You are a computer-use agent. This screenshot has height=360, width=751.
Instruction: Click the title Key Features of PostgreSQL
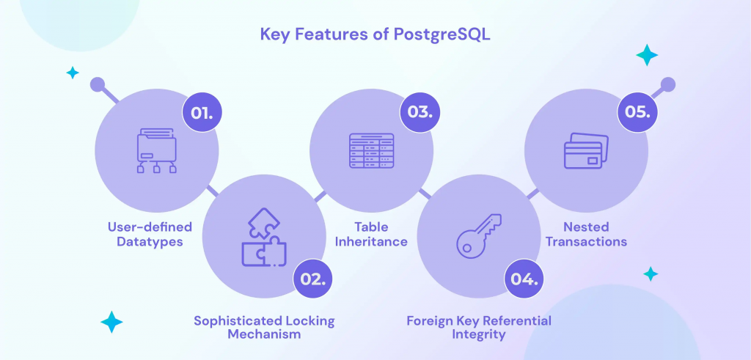pyautogui.click(x=375, y=35)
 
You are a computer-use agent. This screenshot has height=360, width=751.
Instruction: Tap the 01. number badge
pyautogui.click(x=202, y=114)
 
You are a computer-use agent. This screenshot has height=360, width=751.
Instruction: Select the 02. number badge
pyautogui.click(x=313, y=279)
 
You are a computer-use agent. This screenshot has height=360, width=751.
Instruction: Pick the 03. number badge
pyautogui.click(x=420, y=112)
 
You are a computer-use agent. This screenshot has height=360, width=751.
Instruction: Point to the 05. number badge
pyautogui.click(x=637, y=112)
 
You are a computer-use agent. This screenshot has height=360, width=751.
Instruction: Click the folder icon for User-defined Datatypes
pyautogui.click(x=157, y=150)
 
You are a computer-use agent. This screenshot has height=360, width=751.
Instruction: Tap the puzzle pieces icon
pyautogui.click(x=264, y=237)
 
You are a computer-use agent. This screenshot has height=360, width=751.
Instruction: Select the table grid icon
pyautogui.click(x=372, y=150)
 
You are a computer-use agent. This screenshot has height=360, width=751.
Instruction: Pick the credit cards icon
pyautogui.click(x=586, y=150)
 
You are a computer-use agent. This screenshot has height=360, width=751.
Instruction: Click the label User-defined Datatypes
pyautogui.click(x=150, y=234)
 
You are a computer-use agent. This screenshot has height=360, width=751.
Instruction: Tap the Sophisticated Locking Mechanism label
pyautogui.click(x=264, y=328)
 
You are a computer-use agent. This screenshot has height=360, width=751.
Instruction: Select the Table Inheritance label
pyautogui.click(x=371, y=234)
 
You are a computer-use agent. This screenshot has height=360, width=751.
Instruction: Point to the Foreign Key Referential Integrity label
pyautogui.click(x=479, y=328)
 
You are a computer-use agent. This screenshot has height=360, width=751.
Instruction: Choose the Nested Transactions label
pyautogui.click(x=586, y=234)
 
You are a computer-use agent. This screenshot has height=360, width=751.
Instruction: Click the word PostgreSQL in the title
pyautogui.click(x=442, y=35)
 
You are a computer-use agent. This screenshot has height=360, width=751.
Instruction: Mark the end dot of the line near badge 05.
pyautogui.click(x=667, y=85)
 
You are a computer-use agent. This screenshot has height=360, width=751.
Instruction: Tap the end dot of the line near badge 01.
pyautogui.click(x=98, y=85)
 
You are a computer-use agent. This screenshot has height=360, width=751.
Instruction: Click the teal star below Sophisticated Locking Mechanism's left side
pyautogui.click(x=111, y=322)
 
